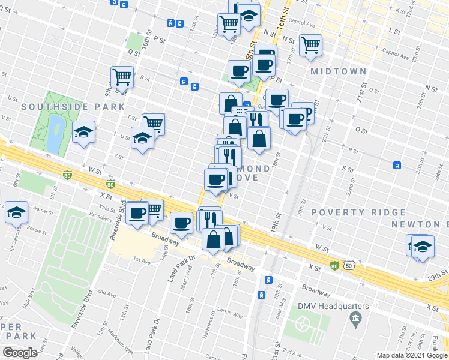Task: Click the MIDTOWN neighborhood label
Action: pos(338,71)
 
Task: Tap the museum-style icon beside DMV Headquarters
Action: pos(356,316)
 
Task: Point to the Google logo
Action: pos(20,353)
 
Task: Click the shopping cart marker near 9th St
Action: pos(122,77)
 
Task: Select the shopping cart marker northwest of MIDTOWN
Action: pos(310,44)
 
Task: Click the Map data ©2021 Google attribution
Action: pos(411,355)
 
